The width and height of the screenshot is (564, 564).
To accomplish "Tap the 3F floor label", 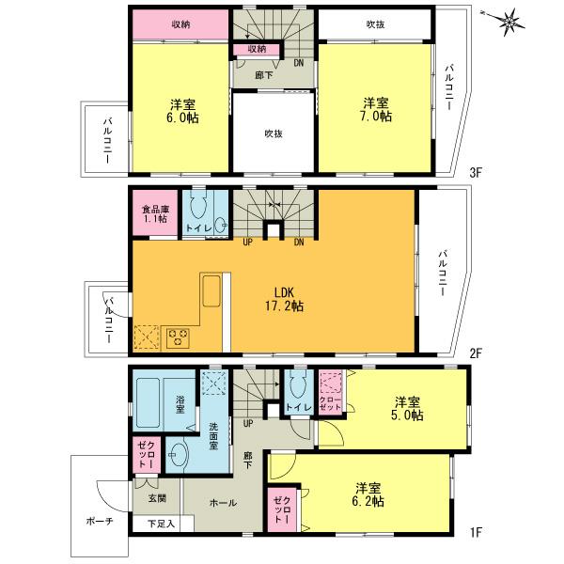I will [x=476, y=173].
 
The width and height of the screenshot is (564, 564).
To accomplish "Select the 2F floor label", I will [x=476, y=353].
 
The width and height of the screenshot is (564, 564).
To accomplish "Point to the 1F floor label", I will [x=476, y=534].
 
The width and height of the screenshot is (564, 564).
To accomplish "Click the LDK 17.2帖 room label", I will [x=283, y=299].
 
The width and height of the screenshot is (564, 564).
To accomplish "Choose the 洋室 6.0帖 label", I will [x=183, y=110].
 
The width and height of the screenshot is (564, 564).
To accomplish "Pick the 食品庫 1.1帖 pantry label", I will [x=154, y=213].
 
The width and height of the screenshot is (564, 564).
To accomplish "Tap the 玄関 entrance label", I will [x=156, y=498].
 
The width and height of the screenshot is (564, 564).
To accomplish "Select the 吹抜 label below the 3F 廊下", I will [x=274, y=133].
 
